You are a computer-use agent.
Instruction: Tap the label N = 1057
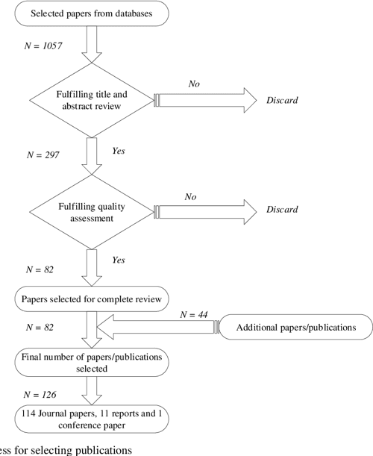(44, 46)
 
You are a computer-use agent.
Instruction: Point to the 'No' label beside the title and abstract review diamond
(194, 84)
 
